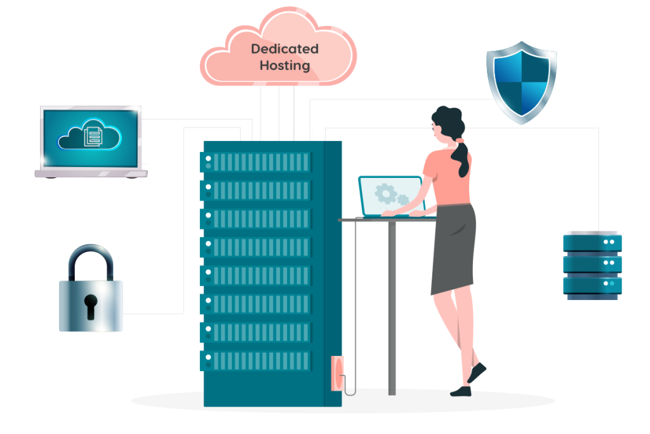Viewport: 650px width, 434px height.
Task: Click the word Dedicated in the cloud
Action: point(284,49)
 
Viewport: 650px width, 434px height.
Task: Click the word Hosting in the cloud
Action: point(284,65)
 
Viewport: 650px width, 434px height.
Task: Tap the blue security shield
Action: point(521,80)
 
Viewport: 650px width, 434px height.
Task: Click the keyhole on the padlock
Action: point(91,304)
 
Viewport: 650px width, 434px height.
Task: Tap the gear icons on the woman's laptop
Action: point(388,194)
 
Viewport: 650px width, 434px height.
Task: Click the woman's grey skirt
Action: point(453,248)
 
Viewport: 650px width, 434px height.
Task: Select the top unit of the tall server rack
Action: point(256,162)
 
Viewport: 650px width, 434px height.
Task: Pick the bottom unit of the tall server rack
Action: point(256,360)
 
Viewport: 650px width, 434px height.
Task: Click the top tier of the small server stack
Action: point(592,242)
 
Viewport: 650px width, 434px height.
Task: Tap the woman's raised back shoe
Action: point(477,372)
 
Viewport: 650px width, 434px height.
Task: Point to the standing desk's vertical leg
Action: point(392,305)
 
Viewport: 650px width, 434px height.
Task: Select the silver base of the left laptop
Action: point(91,173)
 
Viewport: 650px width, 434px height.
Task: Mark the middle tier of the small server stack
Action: point(592,262)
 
